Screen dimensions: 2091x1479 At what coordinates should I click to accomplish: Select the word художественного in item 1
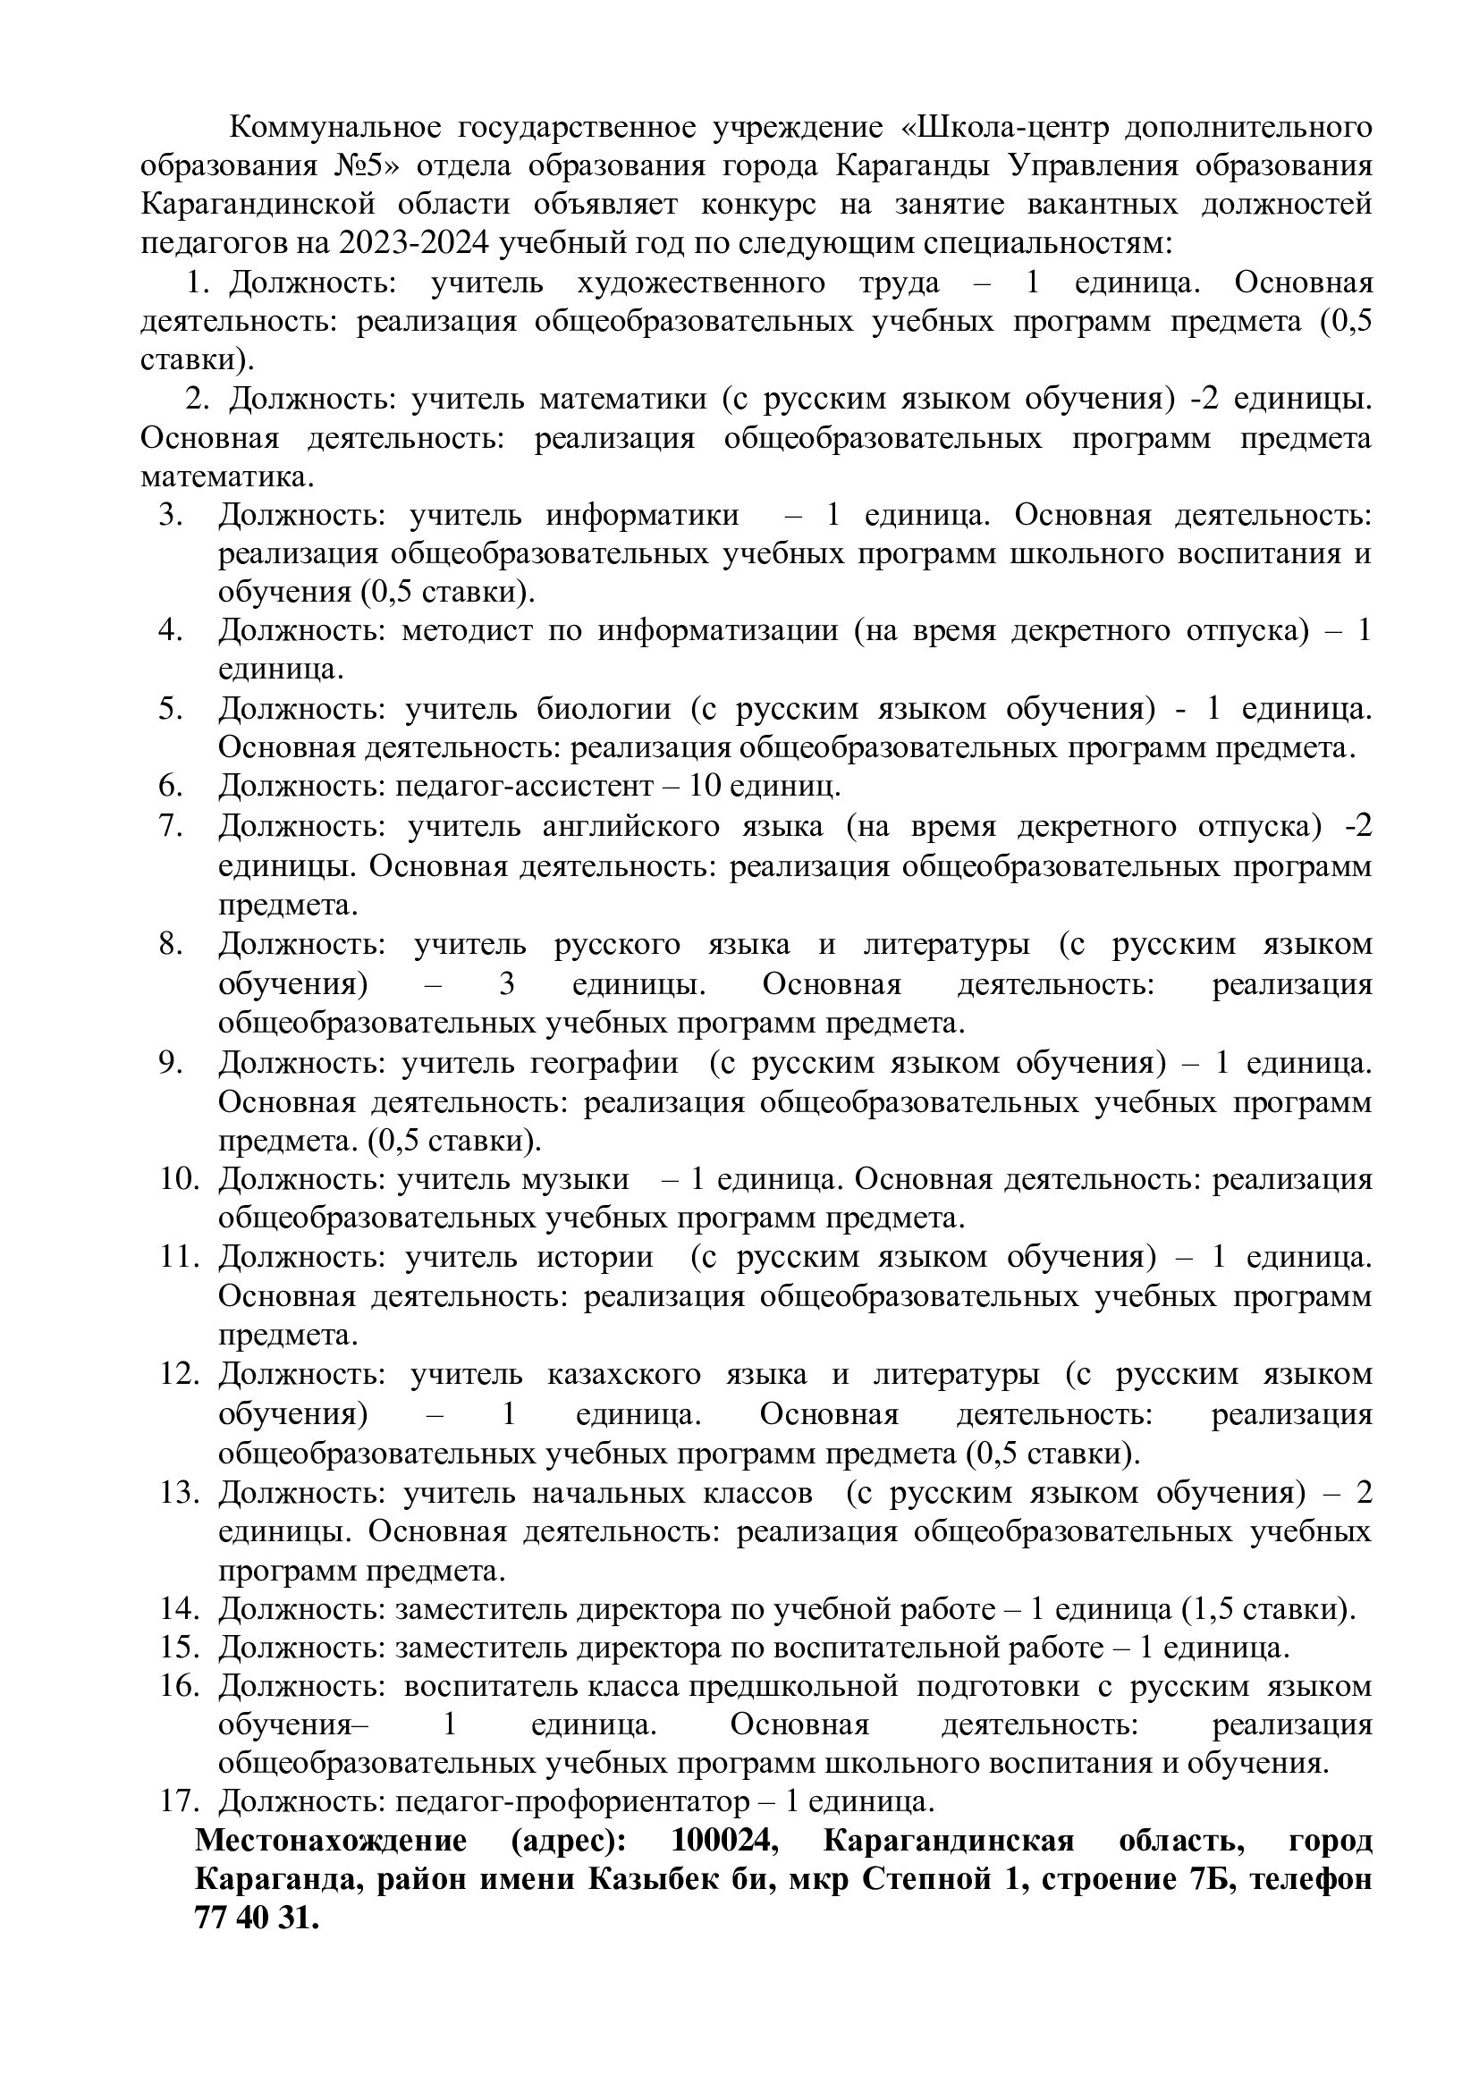[x=701, y=282]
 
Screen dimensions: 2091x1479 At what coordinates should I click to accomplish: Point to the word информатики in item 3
[x=642, y=516]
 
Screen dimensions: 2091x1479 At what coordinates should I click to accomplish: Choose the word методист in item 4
[x=466, y=631]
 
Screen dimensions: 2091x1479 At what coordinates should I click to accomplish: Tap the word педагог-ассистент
[x=524, y=785]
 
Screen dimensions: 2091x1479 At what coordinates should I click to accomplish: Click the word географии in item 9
[x=604, y=1063]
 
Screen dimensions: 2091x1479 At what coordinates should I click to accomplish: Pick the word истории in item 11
[x=595, y=1258]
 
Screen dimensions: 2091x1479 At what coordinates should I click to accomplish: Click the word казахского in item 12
[x=624, y=1374]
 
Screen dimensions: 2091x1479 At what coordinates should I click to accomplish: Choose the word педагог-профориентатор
[x=572, y=1802]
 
